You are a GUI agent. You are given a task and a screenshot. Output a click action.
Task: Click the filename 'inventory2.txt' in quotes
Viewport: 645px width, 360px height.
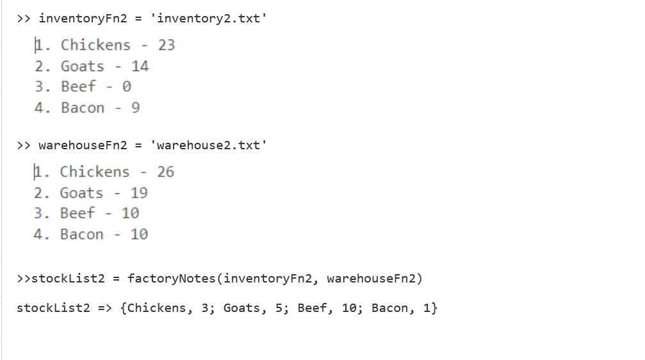[x=208, y=18]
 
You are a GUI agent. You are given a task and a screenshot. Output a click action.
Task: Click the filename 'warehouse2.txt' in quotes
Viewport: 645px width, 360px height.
[x=208, y=145]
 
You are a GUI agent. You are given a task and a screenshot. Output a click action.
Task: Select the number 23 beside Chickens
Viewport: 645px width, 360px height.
[x=167, y=45]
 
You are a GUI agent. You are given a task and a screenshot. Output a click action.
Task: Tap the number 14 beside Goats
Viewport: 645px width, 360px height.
[x=140, y=66]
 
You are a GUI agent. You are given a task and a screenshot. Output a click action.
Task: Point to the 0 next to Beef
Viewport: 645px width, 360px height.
[x=126, y=86]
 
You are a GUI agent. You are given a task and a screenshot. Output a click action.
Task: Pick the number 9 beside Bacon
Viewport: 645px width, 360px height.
[x=135, y=108]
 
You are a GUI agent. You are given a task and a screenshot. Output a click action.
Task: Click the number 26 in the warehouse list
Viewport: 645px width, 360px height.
[x=165, y=172]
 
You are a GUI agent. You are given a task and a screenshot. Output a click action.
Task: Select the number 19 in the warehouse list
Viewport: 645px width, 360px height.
[x=139, y=193]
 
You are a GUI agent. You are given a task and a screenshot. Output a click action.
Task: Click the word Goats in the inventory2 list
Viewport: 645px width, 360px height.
[x=82, y=66]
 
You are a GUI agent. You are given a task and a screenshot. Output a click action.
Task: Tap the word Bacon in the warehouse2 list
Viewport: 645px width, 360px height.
[x=81, y=234]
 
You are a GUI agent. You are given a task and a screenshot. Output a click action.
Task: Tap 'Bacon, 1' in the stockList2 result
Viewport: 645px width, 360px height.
[x=401, y=308]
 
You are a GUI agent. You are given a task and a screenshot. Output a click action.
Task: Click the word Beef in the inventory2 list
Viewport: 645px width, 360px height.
[x=78, y=86]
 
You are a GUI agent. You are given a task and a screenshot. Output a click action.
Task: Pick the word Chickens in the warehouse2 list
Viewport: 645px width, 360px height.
[x=95, y=172]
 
